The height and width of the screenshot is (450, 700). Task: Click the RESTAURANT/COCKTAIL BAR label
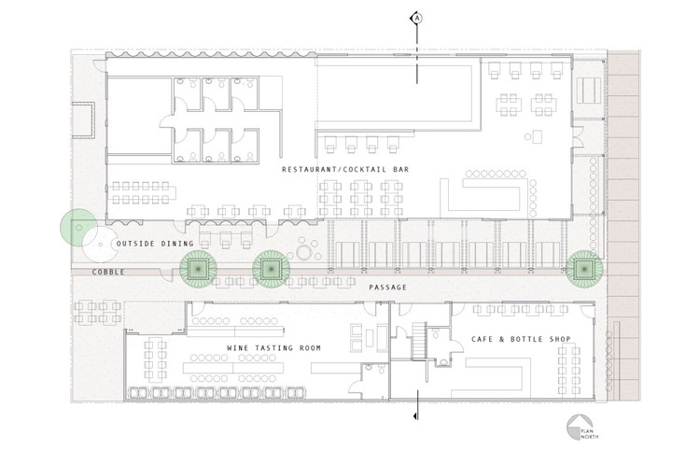pos(345,170)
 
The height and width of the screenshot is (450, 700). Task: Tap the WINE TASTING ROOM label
pos(273,347)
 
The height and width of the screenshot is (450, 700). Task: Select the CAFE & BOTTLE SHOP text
pos(521,339)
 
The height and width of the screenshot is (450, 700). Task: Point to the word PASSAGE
pos(387,287)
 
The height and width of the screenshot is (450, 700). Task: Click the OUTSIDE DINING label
pos(155,244)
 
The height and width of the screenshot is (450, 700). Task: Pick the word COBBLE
pos(108,272)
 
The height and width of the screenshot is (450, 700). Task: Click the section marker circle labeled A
pos(416,18)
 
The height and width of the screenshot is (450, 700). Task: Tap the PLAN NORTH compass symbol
pos(579,427)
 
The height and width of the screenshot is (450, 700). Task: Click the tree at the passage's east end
pos(584,269)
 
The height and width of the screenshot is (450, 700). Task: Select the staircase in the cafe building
pos(419,341)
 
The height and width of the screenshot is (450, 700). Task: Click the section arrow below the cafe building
pos(416,416)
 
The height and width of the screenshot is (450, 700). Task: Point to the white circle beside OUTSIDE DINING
pos(100,245)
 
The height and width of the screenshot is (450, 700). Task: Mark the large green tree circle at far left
pos(78,227)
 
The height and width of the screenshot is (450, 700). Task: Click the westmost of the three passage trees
pos(198,269)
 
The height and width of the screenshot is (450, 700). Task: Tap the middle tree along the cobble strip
pos(271,269)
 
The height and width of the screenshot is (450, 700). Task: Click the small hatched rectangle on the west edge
pos(83,120)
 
